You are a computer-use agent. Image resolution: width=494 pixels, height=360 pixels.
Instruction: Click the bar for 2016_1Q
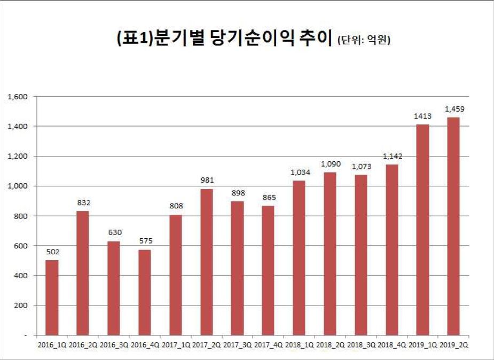[x=52, y=298]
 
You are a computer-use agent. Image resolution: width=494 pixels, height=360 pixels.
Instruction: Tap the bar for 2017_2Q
[x=206, y=262]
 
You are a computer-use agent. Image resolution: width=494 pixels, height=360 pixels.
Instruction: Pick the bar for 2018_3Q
[x=360, y=255]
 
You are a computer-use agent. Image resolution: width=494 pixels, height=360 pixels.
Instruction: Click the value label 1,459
[x=453, y=109]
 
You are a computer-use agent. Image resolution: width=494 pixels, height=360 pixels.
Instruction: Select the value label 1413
[x=422, y=116]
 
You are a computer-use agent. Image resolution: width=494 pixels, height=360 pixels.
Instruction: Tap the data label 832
[x=83, y=203]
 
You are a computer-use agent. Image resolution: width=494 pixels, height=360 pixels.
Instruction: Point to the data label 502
[x=52, y=252]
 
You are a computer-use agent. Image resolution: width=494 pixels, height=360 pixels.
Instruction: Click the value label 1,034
[x=299, y=173]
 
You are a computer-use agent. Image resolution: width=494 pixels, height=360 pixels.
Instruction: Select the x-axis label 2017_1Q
[x=175, y=346]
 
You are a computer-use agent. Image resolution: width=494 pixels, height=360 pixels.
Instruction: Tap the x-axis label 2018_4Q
[x=391, y=346]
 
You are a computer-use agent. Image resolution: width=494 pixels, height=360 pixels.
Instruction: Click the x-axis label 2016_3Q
[x=114, y=346]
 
